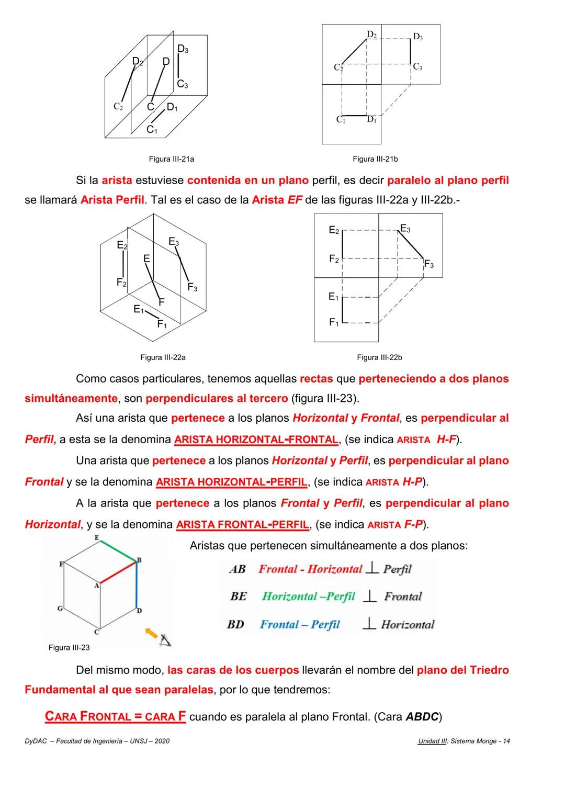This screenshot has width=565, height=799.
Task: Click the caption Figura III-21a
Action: point(171,159)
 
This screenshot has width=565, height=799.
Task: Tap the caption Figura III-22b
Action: point(379,357)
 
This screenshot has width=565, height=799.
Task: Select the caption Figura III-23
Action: point(69,648)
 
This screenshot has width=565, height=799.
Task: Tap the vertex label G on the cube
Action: point(60,609)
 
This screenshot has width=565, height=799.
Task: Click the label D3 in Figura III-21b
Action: point(417,37)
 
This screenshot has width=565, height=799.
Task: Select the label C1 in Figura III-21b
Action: point(341,120)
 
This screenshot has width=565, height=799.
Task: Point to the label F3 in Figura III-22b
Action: point(428,264)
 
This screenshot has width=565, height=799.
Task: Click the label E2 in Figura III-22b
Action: point(334,230)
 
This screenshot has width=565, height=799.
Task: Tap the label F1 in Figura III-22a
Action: point(162,324)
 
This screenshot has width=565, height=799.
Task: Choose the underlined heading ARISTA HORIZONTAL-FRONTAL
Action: point(256,440)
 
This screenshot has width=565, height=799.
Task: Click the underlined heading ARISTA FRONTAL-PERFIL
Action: point(242,524)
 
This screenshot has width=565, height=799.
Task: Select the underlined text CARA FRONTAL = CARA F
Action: point(115,716)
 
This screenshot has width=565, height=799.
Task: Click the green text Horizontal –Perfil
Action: point(308,597)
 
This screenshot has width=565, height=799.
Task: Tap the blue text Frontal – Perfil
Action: point(300,624)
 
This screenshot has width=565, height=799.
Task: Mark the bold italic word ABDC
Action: point(422,717)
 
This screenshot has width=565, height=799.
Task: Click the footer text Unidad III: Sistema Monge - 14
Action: point(464,741)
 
